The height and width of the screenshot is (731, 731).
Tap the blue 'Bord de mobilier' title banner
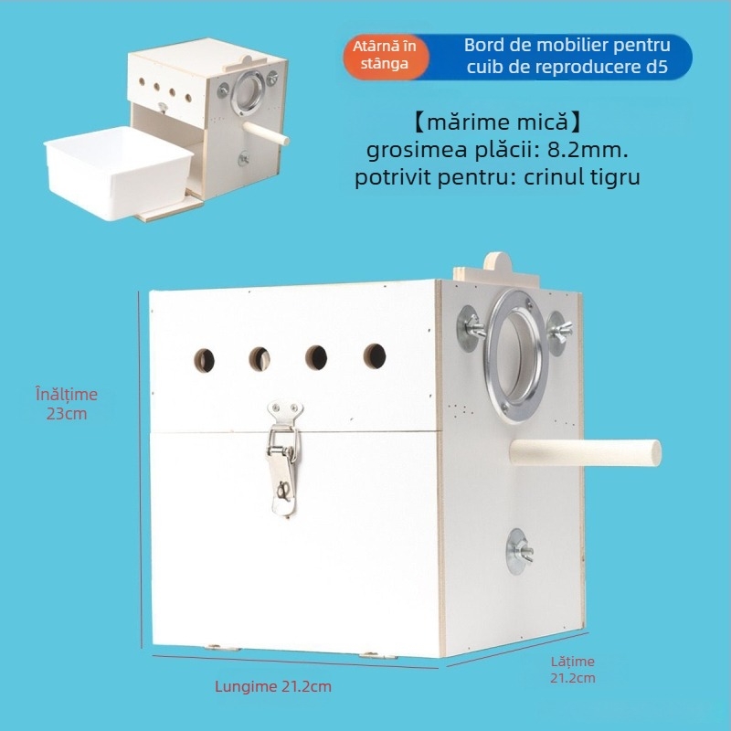559,57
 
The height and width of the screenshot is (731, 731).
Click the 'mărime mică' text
497,122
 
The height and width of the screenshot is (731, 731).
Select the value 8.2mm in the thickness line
588,150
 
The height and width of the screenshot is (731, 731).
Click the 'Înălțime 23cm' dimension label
67,404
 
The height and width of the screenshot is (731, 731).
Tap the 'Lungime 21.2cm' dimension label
273,686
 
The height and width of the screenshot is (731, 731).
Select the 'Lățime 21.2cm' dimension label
573,670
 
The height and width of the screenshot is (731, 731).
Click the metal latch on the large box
283,458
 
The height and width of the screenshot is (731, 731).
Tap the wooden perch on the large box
585,452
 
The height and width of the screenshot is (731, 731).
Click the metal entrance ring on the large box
515,355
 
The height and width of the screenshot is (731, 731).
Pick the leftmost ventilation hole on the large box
204,360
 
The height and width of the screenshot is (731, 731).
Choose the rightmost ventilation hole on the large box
375,356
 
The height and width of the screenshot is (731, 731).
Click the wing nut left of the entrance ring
471,328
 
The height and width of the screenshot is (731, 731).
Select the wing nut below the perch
519,552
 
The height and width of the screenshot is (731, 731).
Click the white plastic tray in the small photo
118,172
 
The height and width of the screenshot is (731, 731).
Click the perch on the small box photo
266,133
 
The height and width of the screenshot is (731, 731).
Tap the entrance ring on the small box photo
248,92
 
